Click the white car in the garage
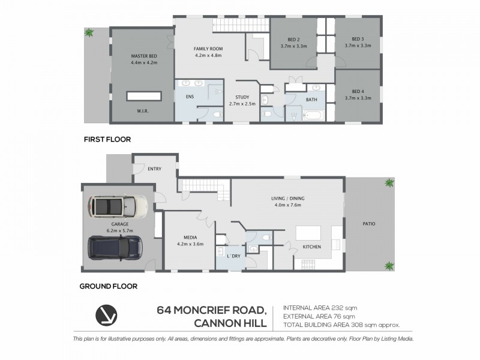118,207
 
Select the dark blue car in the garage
115,247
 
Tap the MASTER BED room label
144,56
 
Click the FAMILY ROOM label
208,49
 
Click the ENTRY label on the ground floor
154,169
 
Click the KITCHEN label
312,247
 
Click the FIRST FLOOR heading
107,139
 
